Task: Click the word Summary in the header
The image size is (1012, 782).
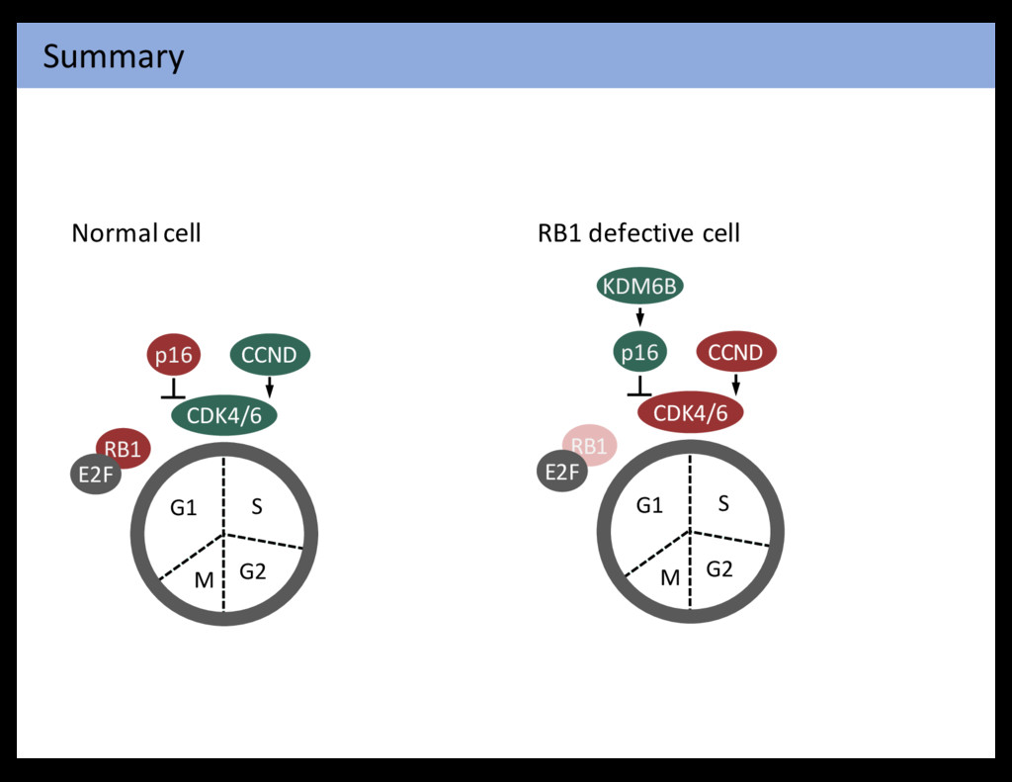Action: (x=113, y=56)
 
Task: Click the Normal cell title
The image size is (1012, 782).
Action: (x=136, y=233)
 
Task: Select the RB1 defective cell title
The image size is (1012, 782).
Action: (x=638, y=233)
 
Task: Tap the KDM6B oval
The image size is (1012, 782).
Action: (x=640, y=287)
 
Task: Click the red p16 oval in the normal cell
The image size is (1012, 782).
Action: (x=174, y=355)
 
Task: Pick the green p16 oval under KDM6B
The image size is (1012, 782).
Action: (x=639, y=352)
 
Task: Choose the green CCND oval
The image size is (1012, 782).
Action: (x=270, y=355)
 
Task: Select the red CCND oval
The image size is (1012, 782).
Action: (x=736, y=352)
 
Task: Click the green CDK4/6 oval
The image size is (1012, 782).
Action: (x=224, y=415)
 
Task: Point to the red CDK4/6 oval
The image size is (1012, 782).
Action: (x=691, y=413)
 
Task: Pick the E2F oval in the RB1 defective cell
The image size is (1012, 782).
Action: (x=560, y=472)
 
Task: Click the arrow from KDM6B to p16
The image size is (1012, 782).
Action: (x=640, y=316)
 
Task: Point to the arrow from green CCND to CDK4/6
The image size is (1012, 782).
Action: (x=270, y=387)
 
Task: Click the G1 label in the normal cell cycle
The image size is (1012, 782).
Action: (x=184, y=508)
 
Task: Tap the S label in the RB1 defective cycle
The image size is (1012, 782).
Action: (x=723, y=504)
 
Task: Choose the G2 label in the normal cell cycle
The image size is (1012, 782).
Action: (x=253, y=571)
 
